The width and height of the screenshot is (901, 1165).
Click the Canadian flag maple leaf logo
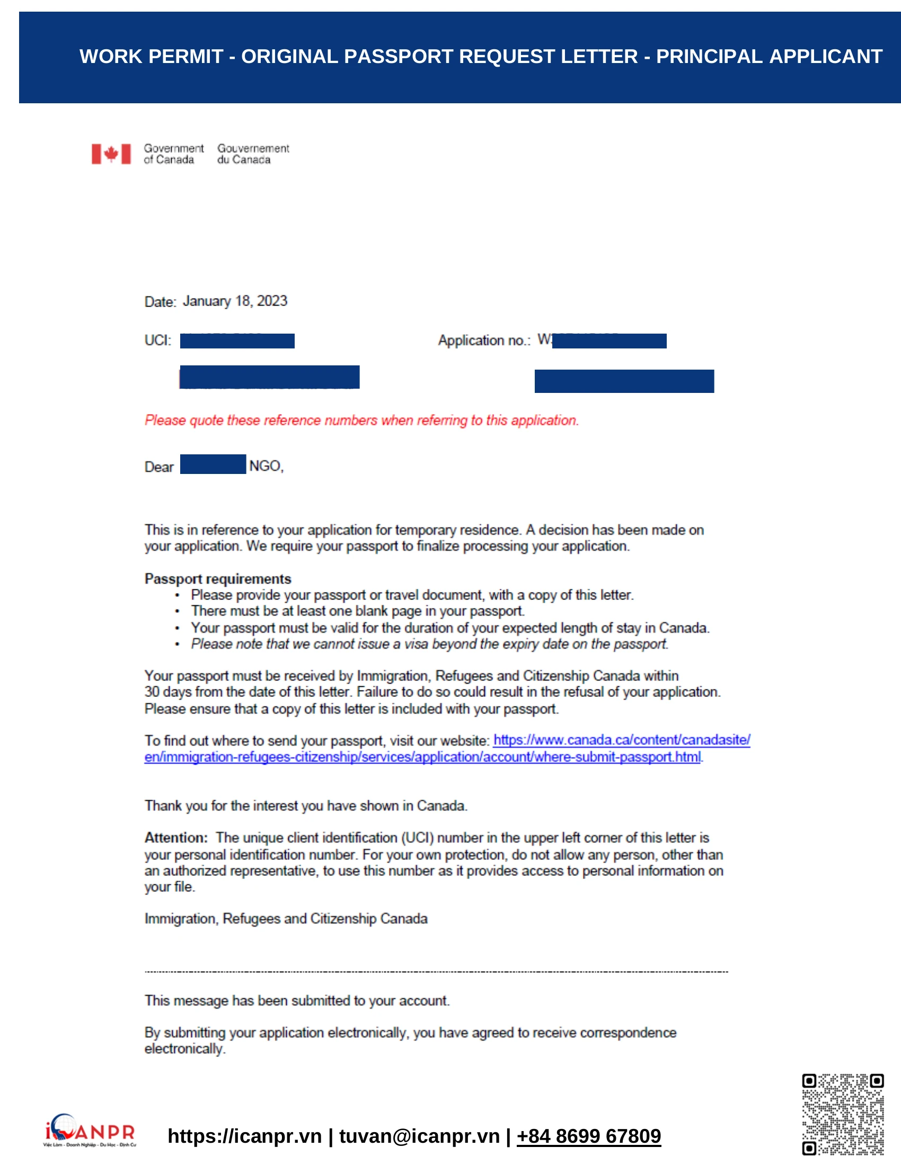coord(111,154)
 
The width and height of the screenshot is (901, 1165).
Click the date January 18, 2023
coord(235,301)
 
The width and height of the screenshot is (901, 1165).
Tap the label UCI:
coord(157,340)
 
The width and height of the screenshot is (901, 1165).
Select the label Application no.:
coord(483,340)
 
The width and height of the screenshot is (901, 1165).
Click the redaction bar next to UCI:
coord(237,341)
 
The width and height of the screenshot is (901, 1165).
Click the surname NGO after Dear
coord(266,465)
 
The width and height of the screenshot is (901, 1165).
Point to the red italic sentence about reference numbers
coord(361,420)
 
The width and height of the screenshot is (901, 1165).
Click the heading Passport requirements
coord(218,579)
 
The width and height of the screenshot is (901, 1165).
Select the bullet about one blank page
coord(358,611)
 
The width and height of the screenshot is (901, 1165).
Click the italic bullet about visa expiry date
coord(429,644)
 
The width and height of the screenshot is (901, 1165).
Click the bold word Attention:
coord(176,838)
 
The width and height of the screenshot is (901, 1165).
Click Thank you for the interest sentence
coord(305,805)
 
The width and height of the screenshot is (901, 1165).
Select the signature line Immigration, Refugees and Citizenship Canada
coord(286,919)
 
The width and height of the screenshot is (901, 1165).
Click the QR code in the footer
coord(842,1114)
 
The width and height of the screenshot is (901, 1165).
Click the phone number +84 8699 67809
coord(588,1136)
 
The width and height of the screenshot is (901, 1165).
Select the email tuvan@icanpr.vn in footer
coord(419,1136)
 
